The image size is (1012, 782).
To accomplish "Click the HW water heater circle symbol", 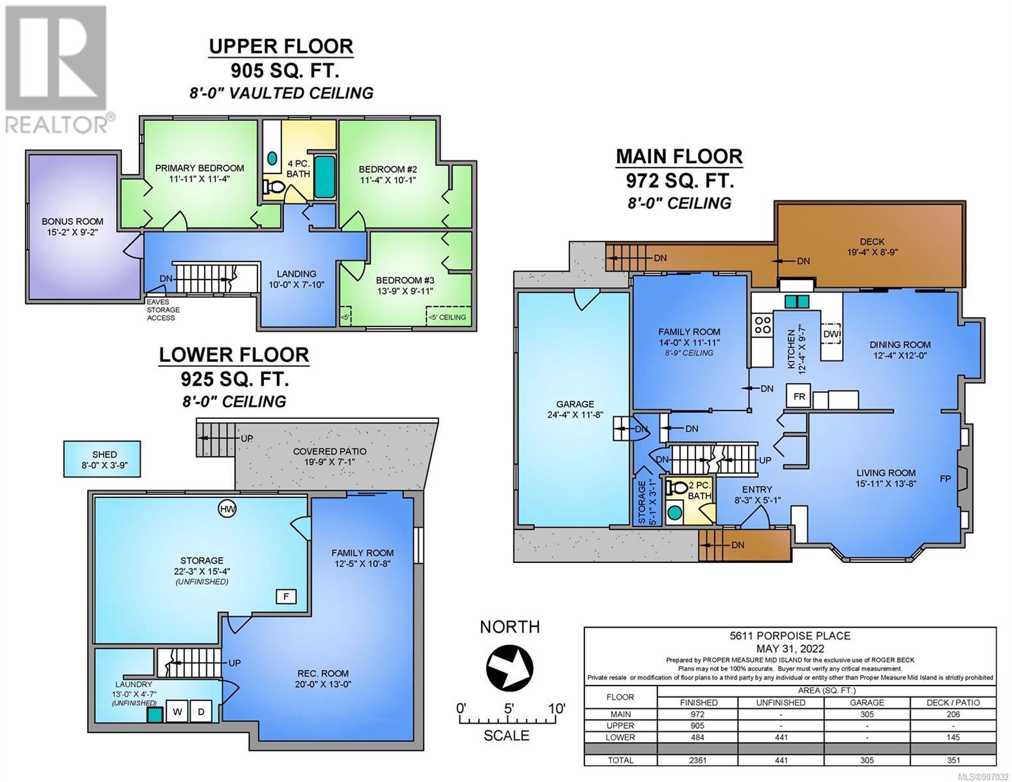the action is click(227, 509).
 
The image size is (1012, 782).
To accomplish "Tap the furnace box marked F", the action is click(286, 597).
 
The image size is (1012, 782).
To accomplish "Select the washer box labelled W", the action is click(177, 712).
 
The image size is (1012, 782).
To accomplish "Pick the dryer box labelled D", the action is click(201, 712).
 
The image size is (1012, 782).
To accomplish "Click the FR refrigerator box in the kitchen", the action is click(799, 396).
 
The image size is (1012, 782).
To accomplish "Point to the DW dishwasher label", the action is click(831, 334).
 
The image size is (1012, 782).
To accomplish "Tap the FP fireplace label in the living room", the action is click(945, 478).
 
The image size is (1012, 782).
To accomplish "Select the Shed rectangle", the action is click(102, 459).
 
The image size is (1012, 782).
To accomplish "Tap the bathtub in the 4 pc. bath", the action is click(325, 177).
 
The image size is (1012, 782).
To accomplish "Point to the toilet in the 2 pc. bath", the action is click(678, 487).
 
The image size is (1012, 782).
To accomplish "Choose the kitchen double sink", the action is click(798, 302).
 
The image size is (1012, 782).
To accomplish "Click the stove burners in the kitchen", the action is click(763, 325).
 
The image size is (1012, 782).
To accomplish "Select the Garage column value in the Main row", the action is click(867, 714).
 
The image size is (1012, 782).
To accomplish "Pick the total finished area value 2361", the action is click(698, 760).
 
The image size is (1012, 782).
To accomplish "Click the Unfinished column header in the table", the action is click(781, 702).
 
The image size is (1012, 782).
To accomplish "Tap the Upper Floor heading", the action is click(281, 46).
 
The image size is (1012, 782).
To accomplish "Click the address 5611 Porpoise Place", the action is click(790, 635).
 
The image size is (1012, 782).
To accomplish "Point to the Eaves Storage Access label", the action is click(163, 310).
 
